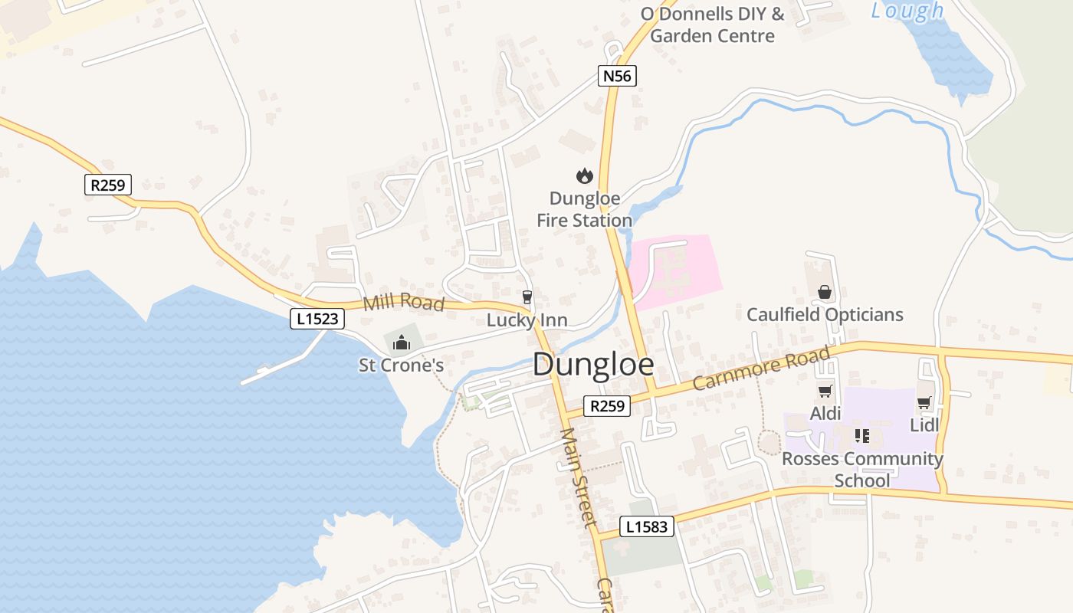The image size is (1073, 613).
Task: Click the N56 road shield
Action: (617, 76)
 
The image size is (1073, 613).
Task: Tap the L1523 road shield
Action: (317, 319)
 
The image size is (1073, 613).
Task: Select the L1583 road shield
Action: (648, 527)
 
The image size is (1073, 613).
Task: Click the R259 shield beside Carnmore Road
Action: (607, 406)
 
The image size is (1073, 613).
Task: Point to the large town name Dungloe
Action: (593, 365)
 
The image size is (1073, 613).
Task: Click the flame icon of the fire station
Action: (585, 176)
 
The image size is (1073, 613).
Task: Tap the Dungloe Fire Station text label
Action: (584, 210)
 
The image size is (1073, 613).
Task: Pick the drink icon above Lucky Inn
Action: (527, 297)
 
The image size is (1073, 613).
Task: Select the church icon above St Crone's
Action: (401, 343)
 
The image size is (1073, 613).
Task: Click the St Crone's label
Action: (401, 366)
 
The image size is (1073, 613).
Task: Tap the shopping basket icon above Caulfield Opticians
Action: (825, 292)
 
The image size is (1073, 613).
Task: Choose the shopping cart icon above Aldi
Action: (825, 392)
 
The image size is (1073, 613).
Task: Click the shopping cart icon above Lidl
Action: (924, 402)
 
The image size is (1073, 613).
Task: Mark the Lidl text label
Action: (924, 425)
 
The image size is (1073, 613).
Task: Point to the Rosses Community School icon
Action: (861, 436)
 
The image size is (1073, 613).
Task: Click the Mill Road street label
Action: (404, 302)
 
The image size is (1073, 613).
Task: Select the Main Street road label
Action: (578, 477)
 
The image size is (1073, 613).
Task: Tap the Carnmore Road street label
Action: (761, 369)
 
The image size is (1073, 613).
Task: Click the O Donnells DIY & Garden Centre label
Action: (712, 25)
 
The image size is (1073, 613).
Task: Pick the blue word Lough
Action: (907, 11)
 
